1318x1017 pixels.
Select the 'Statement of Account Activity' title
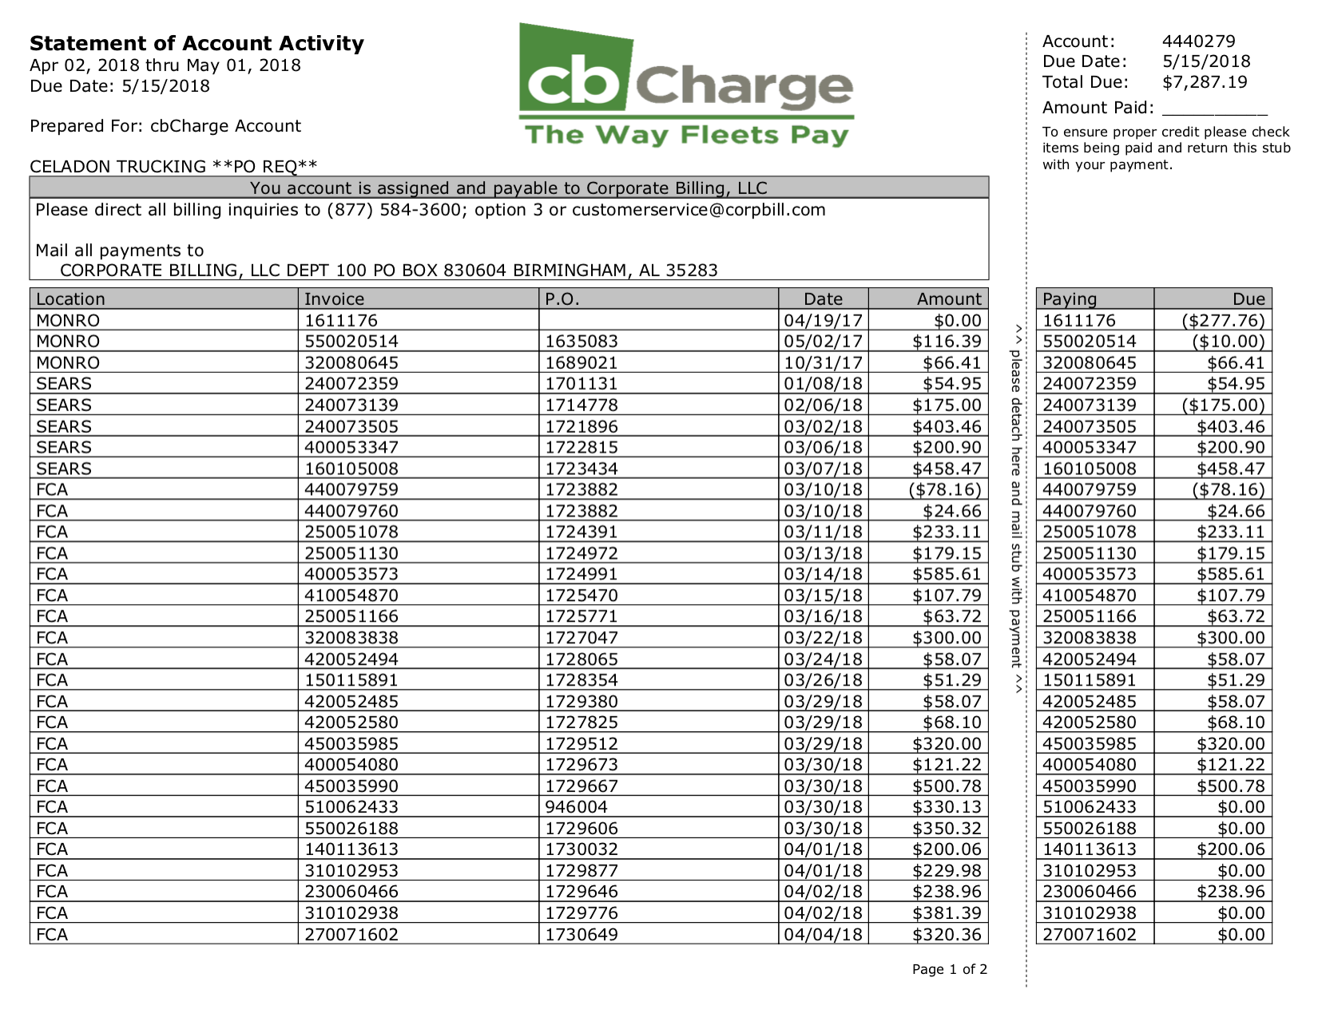[x=197, y=43]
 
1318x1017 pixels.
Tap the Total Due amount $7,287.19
[x=1204, y=82]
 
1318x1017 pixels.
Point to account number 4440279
[x=1198, y=42]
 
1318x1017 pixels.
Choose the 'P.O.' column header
[x=562, y=299]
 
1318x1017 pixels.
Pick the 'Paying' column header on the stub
[x=1070, y=299]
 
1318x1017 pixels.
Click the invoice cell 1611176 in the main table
[x=341, y=321]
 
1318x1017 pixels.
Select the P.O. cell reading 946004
[x=576, y=807]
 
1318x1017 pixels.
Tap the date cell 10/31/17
[x=823, y=363]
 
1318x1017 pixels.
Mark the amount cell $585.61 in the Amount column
[x=947, y=575]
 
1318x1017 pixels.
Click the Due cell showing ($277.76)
[x=1223, y=321]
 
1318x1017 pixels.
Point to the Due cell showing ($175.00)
[x=1223, y=406]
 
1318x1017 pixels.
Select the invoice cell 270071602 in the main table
[x=351, y=935]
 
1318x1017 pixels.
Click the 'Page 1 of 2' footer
[x=949, y=970]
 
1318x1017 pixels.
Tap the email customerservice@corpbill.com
[x=698, y=211]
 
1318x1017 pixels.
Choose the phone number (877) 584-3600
[x=394, y=211]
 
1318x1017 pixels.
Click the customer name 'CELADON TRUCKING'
[x=117, y=167]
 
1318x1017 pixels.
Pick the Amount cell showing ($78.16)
[x=944, y=490]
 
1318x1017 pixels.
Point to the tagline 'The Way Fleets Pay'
[x=686, y=135]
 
